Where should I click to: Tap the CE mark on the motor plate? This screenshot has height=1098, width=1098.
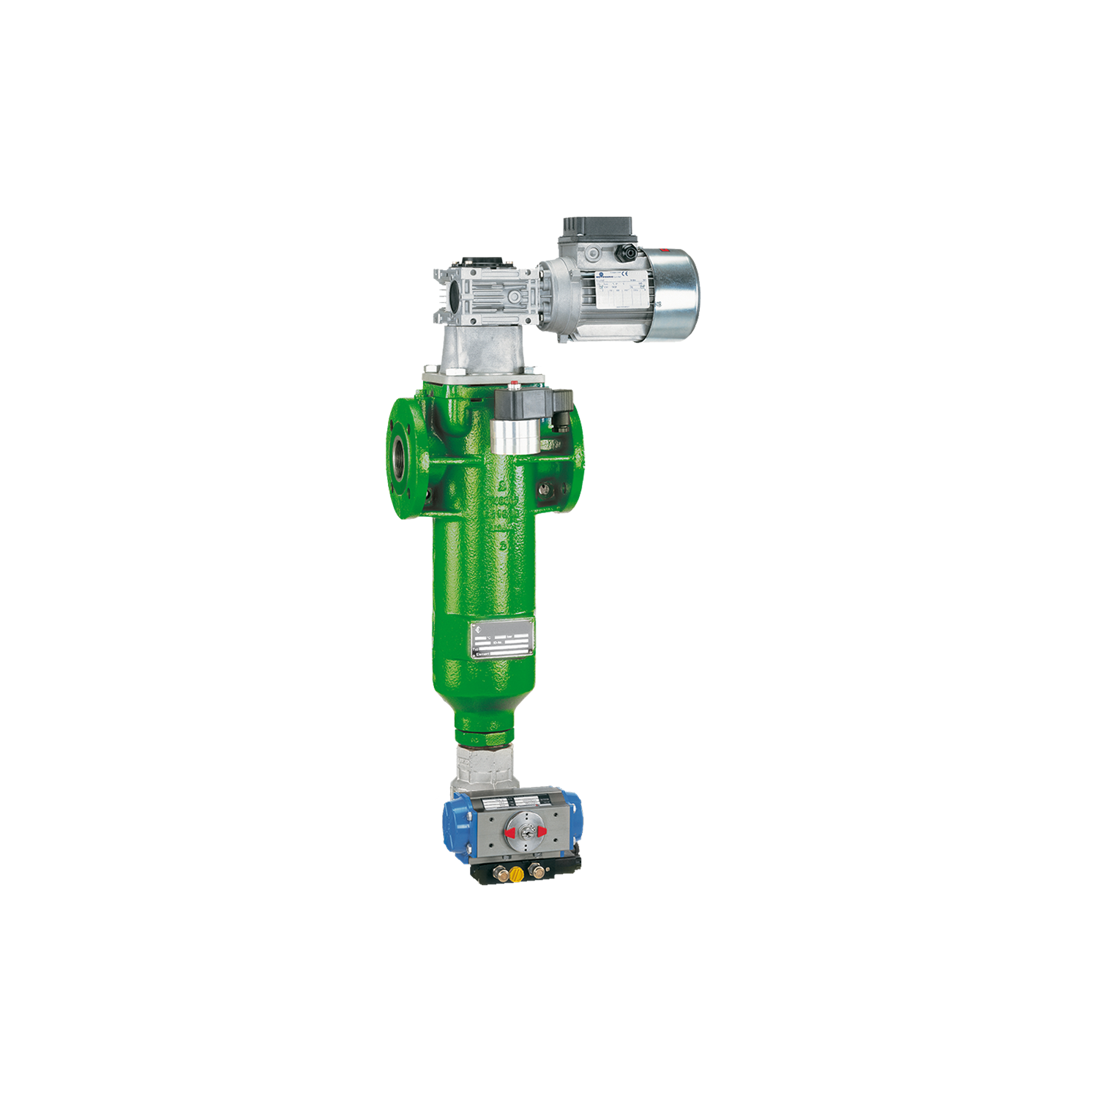[x=635, y=276]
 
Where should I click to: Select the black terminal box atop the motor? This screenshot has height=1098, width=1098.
[x=594, y=228]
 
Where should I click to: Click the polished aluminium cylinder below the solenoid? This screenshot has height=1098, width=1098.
[x=512, y=437]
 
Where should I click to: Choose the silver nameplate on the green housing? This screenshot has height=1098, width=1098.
[x=502, y=643]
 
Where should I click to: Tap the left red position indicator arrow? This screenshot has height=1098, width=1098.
[x=510, y=832]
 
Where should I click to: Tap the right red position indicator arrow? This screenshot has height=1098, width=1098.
[x=542, y=832]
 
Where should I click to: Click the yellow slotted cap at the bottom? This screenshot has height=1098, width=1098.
[x=518, y=873]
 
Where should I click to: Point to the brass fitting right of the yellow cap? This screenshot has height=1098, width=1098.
[x=540, y=871]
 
